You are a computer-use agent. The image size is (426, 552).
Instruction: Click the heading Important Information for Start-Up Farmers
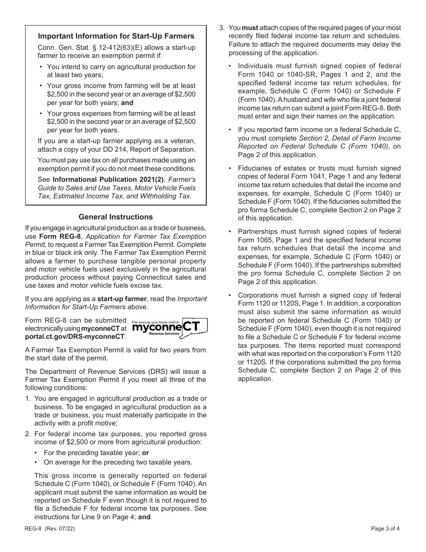pos(116,36)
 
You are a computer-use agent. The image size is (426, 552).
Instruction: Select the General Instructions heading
pos(116,217)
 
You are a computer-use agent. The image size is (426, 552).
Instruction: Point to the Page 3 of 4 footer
pos(386,528)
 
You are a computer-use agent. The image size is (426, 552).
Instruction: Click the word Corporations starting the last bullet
pos(259,295)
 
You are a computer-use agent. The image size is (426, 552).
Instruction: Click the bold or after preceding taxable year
pos(146,453)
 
